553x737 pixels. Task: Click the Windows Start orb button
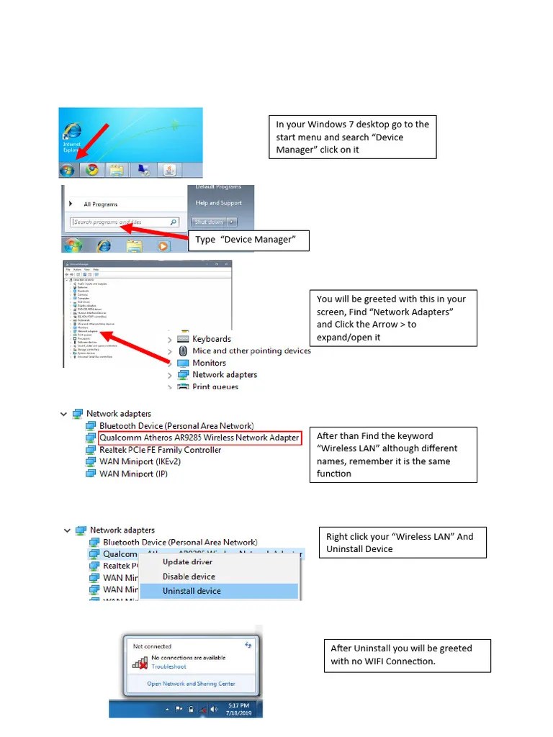click(67, 170)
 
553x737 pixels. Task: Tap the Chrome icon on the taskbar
click(91, 170)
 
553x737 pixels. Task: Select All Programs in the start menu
click(100, 204)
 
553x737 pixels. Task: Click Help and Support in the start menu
click(219, 203)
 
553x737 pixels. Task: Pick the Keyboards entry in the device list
click(211, 339)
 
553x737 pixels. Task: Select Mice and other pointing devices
click(251, 351)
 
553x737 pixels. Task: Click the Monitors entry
click(209, 363)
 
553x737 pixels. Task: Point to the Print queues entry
click(215, 386)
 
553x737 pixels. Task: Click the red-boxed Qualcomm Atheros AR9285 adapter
click(199, 438)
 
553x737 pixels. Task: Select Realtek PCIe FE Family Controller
click(160, 450)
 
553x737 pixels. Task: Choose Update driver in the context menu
click(187, 562)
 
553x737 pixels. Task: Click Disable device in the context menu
click(189, 577)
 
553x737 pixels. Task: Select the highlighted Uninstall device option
click(192, 591)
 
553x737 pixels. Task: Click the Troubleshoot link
click(168, 666)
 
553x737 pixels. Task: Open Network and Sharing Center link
click(191, 684)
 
